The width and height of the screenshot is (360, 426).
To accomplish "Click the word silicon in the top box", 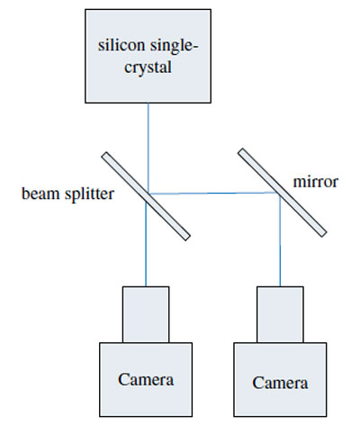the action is point(121,45).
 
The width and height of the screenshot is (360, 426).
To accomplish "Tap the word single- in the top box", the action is point(175,47).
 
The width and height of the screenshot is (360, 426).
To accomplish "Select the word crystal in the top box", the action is point(148,68).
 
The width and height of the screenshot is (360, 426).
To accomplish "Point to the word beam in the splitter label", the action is point(40,194).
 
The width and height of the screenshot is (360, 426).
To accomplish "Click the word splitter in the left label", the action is point(90,195).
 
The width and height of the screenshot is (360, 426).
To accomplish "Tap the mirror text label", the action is point(316,182).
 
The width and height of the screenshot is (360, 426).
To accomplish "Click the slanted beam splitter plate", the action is point(146,196).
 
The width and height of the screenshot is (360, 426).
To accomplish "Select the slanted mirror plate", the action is point(282,193).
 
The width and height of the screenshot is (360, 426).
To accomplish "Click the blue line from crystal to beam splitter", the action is point(148,147).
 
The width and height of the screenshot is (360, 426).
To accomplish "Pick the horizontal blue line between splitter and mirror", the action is point(213,194).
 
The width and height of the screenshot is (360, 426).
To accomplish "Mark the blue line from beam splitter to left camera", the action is point(146,244).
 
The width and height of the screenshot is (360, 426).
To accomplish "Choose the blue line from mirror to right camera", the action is point(280,240).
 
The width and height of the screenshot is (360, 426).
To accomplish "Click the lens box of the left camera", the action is point(146,314).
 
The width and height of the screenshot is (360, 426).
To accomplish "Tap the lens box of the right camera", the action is point(280,314).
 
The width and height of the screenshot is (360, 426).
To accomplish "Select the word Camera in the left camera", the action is point(146,379).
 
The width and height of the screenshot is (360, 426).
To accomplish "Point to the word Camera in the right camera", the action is point(280,383).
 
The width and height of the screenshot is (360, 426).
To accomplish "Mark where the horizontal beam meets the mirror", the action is point(276,193).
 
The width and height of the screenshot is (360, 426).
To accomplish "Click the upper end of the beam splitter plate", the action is point(104,155).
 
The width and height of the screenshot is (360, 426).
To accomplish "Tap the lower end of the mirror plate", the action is point(324,234).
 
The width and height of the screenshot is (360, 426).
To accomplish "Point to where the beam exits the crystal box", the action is point(148,103).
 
